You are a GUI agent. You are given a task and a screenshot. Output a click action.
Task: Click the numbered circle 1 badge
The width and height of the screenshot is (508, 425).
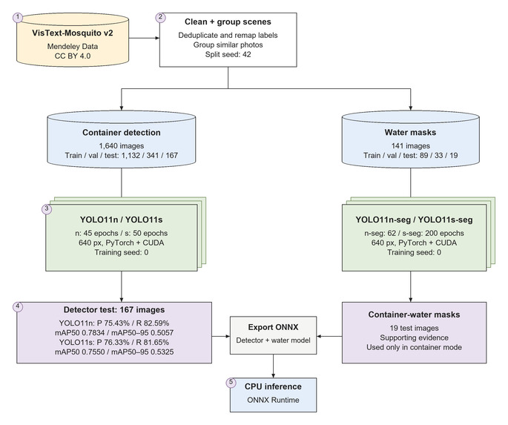pyautogui.click(x=18, y=18)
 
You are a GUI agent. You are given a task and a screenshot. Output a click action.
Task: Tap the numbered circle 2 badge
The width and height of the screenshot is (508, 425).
pyautogui.click(x=160, y=17)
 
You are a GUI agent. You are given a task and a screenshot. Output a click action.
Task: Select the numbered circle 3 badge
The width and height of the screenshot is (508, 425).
pyautogui.click(x=47, y=209)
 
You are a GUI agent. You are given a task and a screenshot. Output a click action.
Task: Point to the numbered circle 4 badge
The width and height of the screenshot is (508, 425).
pyautogui.click(x=18, y=307)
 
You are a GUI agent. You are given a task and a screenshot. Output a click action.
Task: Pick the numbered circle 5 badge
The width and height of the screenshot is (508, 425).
pyautogui.click(x=231, y=382)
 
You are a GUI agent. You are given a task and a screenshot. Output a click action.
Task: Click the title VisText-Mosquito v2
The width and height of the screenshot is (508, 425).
pyautogui.click(x=73, y=33)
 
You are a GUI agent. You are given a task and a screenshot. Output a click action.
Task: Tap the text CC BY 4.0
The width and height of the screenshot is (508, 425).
pyautogui.click(x=73, y=56)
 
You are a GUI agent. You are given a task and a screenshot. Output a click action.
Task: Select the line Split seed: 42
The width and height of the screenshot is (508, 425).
pyautogui.click(x=228, y=54)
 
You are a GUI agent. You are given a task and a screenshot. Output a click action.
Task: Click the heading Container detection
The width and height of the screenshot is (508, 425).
pyautogui.click(x=122, y=133)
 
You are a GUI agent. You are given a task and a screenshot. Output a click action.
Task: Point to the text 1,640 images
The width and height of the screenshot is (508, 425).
pyautogui.click(x=122, y=146)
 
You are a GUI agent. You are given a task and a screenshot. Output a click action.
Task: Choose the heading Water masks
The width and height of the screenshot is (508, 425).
pyautogui.click(x=411, y=132)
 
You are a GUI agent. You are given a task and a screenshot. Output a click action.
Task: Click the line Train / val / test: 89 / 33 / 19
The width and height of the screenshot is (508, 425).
pyautogui.click(x=411, y=156)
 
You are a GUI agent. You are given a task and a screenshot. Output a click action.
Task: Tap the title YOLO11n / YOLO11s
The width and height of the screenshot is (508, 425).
pyautogui.click(x=121, y=220)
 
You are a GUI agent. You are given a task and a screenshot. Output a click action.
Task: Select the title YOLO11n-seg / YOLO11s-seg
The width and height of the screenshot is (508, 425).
pyautogui.click(x=414, y=220)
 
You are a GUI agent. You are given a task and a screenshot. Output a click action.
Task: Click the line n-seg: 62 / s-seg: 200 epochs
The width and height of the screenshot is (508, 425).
pyautogui.click(x=414, y=233)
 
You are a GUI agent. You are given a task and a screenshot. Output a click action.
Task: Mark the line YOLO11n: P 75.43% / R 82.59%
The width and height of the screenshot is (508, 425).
pyautogui.click(x=114, y=323)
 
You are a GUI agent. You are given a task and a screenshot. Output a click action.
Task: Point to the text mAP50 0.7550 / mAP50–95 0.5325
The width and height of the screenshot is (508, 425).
pyautogui.click(x=114, y=352)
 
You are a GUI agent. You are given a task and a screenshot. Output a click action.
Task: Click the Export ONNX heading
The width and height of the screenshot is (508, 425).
pyautogui.click(x=273, y=327)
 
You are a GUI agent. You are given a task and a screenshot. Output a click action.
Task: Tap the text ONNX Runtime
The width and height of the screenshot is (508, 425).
pyautogui.click(x=273, y=400)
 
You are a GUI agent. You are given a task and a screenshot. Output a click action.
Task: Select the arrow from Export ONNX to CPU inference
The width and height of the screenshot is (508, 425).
pyautogui.click(x=273, y=366)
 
